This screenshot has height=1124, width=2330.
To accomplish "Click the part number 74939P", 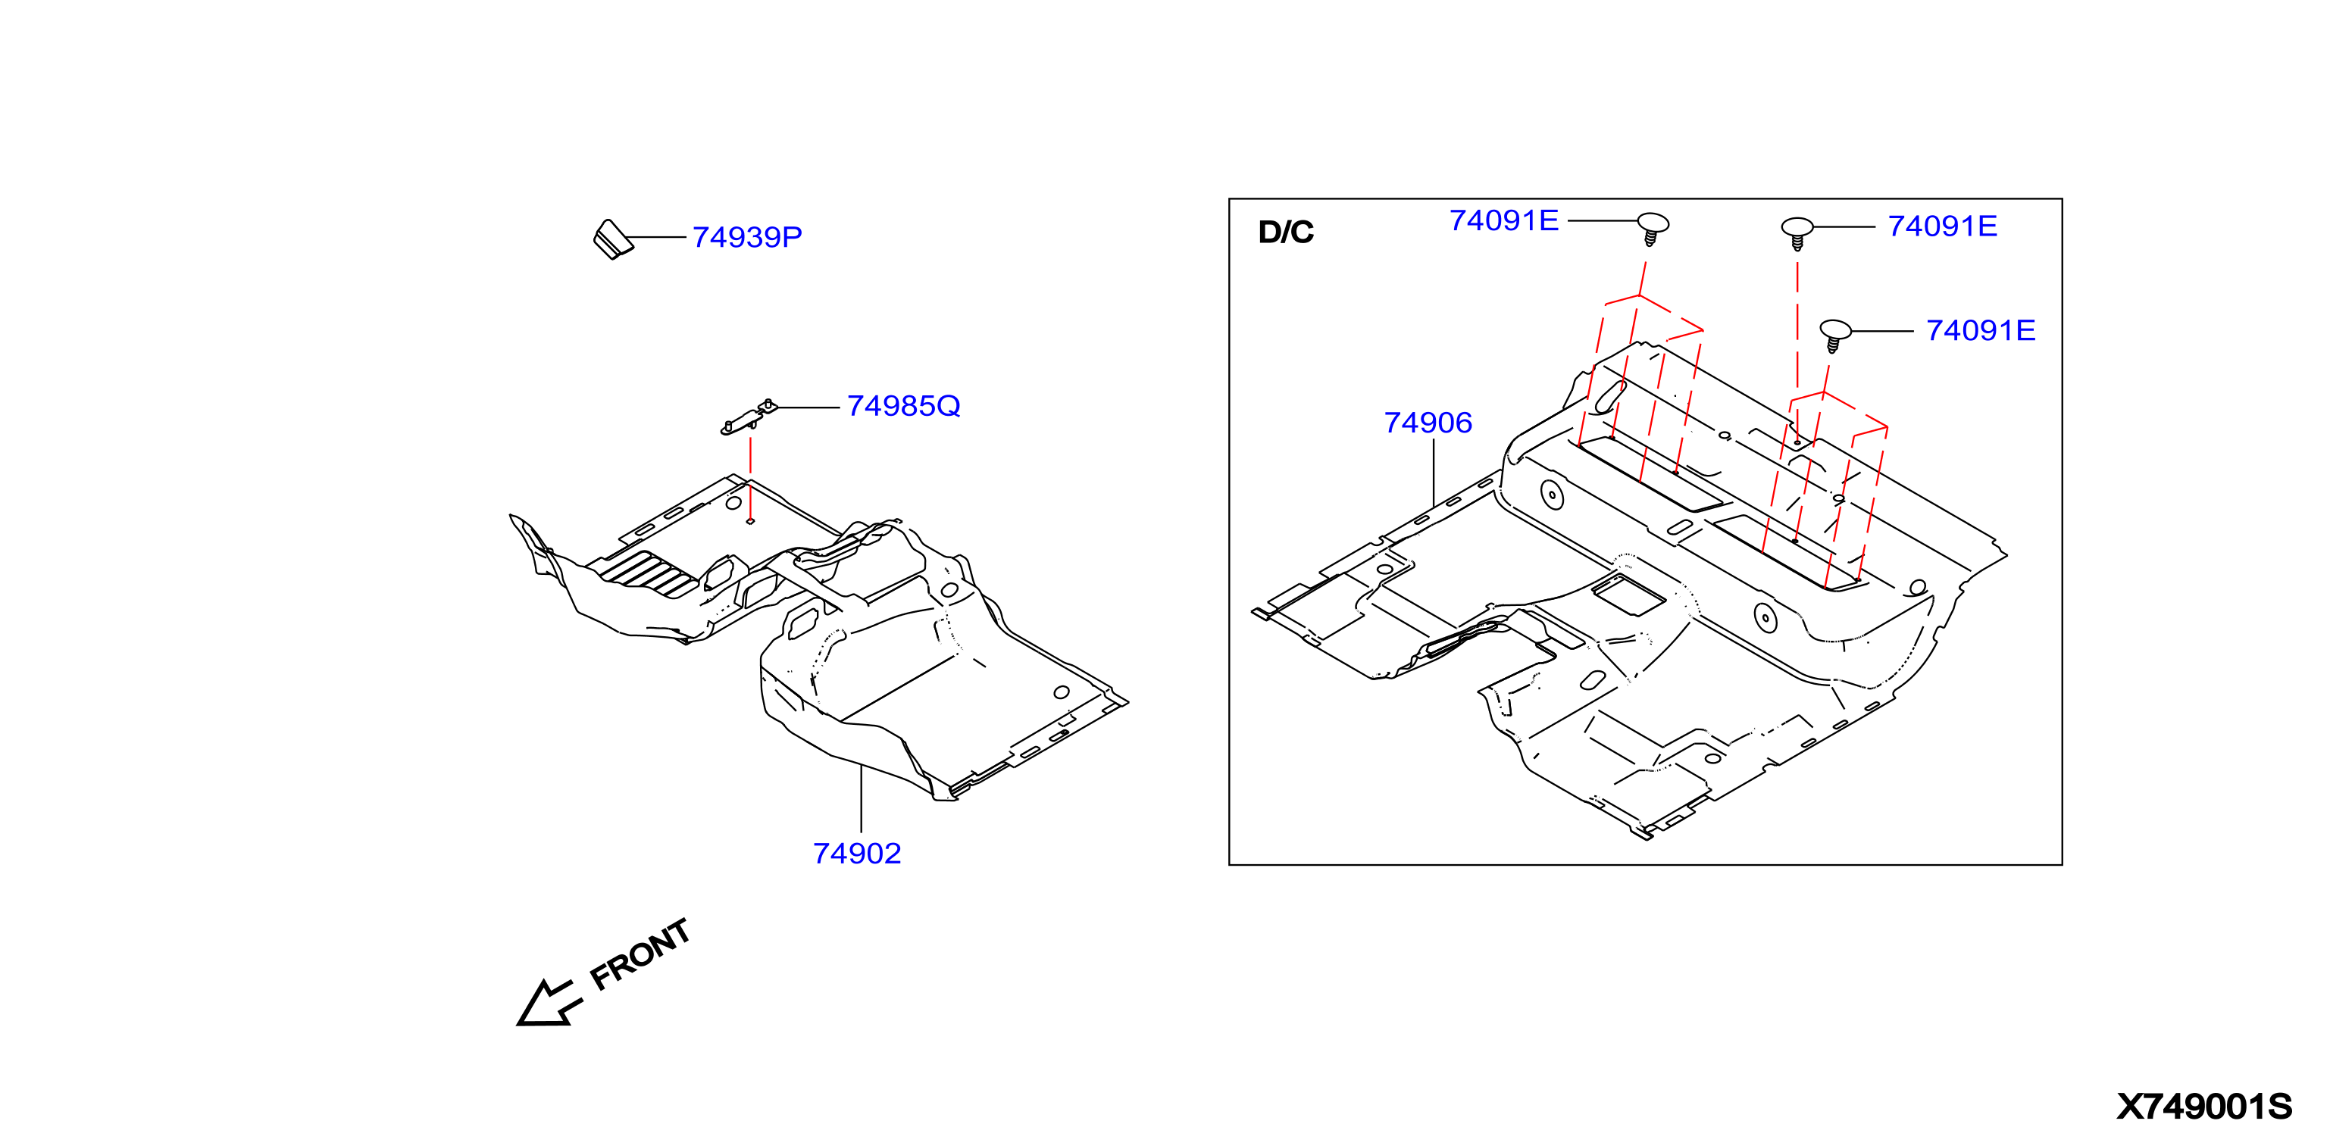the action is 746,237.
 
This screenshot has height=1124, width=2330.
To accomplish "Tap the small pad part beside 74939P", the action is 612,239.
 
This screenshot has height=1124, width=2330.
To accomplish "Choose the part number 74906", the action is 1428,423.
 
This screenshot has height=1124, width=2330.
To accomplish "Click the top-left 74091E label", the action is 1503,220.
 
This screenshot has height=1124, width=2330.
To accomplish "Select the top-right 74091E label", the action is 1942,226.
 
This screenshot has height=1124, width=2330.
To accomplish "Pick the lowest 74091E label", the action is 1980,331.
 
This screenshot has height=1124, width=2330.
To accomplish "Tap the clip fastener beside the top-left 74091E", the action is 1653,229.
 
